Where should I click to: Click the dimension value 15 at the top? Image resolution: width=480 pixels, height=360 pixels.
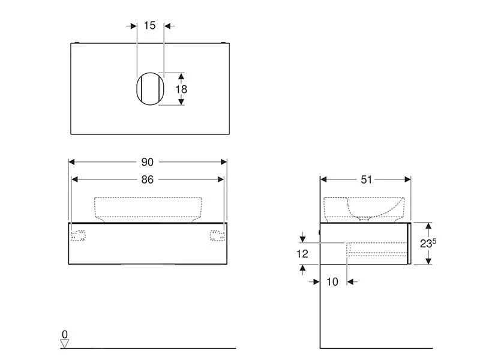[149, 25]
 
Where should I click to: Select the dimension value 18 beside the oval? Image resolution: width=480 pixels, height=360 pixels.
[181, 89]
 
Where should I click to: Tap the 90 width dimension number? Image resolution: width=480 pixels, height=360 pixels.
[148, 162]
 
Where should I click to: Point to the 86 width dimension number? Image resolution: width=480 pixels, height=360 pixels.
[148, 179]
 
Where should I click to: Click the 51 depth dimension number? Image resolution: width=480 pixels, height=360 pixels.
[366, 179]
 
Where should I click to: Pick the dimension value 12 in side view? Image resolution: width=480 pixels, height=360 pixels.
[302, 254]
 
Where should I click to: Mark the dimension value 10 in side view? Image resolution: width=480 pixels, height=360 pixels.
[332, 281]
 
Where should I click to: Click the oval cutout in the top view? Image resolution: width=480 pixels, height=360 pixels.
[150, 89]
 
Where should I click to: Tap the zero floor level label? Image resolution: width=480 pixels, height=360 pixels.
[65, 334]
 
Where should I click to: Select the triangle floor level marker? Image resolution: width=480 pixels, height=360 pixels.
[65, 343]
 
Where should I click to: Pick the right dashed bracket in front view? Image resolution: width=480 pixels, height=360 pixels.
[217, 236]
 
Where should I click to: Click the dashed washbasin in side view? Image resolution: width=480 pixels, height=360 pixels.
[366, 208]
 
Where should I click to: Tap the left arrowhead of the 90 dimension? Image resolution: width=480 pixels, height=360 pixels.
[71, 162]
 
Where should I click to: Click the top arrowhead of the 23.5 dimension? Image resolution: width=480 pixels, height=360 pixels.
[428, 226]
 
